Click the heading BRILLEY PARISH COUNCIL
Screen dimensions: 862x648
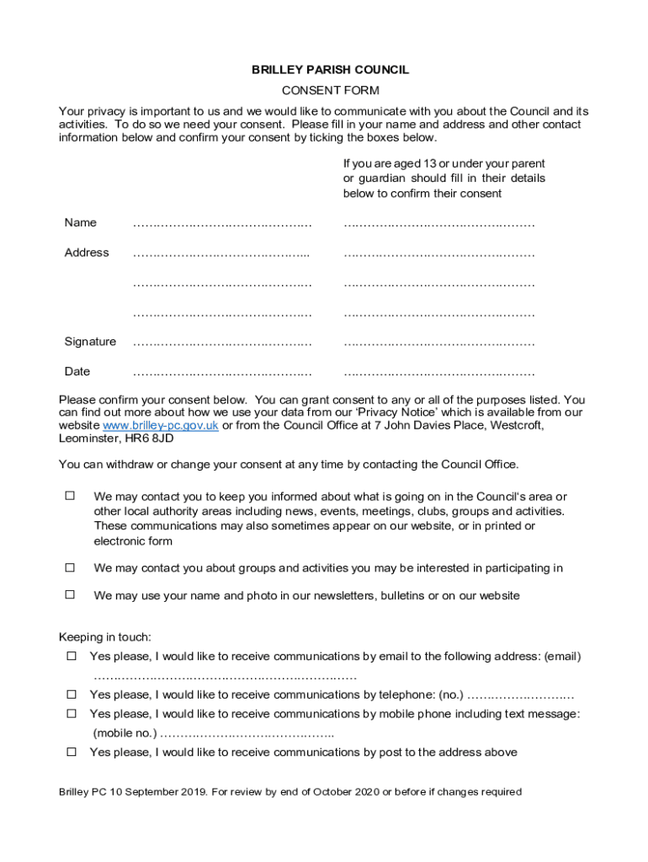click(x=330, y=70)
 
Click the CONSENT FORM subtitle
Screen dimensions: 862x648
click(x=330, y=90)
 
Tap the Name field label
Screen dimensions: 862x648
click(x=81, y=223)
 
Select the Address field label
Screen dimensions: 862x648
click(x=87, y=253)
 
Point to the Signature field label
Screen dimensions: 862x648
click(x=90, y=342)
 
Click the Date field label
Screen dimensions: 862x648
click(x=77, y=371)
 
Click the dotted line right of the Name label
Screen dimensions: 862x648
click(x=222, y=224)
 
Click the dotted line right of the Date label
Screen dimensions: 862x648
click(x=222, y=372)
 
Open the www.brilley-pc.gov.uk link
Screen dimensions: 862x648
click(x=160, y=426)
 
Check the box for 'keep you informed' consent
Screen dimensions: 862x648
click(x=71, y=496)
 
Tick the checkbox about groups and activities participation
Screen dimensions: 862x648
click(x=71, y=567)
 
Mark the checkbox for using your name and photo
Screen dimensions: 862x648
click(x=71, y=594)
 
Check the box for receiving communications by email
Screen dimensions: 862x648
click(x=72, y=656)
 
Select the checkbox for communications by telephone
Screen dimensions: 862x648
click(x=72, y=694)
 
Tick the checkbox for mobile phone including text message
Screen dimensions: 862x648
click(x=72, y=714)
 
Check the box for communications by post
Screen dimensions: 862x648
click(x=72, y=752)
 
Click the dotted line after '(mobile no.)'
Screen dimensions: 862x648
click(x=247, y=734)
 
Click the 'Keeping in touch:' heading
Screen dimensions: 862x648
click(x=104, y=637)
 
